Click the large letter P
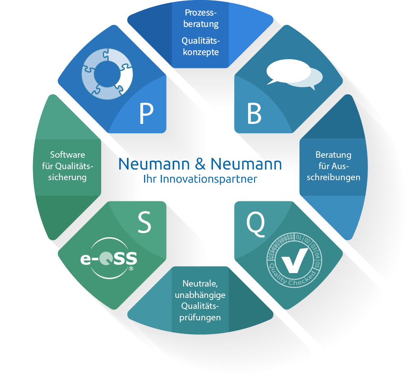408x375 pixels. pos(146,114)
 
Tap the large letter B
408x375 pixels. pos(254,114)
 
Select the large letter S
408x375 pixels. pos(144,223)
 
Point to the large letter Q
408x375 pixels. pos(255,222)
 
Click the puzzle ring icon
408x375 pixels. pos(106,75)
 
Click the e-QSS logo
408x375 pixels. pos(109,258)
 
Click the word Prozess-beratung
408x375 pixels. pos(200,19)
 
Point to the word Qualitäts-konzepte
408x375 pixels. pos(200,46)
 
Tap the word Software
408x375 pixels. pos(67,155)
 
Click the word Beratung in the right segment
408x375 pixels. pos(333,155)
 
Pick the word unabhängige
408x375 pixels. pos(200,295)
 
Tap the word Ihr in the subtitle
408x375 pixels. pos(149,179)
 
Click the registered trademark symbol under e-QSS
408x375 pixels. pos(131,269)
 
